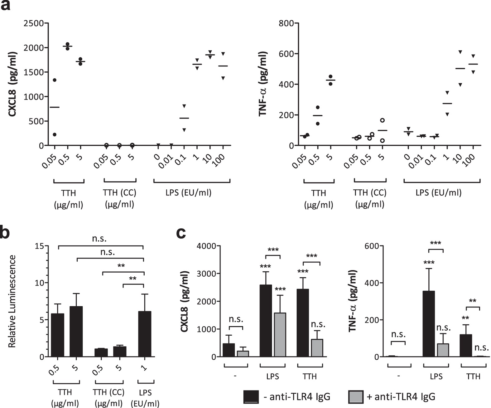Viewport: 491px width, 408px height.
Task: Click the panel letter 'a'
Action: click(x=5, y=6)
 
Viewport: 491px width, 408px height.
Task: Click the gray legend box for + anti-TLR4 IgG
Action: click(x=356, y=397)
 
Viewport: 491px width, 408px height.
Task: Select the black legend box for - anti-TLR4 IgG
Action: click(x=251, y=397)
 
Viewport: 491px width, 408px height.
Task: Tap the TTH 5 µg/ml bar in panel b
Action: click(x=76, y=331)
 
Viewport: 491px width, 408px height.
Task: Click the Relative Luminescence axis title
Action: click(x=12, y=301)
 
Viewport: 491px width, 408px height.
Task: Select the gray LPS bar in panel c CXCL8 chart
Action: click(x=280, y=334)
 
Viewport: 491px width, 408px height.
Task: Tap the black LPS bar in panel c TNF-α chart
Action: click(x=428, y=323)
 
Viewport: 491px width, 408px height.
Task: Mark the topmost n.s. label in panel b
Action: click(x=99, y=239)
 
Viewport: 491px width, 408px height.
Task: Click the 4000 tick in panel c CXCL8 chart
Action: click(x=207, y=246)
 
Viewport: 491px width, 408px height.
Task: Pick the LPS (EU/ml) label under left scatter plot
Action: click(x=188, y=192)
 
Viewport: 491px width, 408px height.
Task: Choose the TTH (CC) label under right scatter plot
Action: click(x=370, y=193)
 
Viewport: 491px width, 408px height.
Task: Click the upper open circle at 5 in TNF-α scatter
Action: click(x=382, y=120)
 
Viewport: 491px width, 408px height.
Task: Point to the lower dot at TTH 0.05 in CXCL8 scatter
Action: click(x=55, y=134)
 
